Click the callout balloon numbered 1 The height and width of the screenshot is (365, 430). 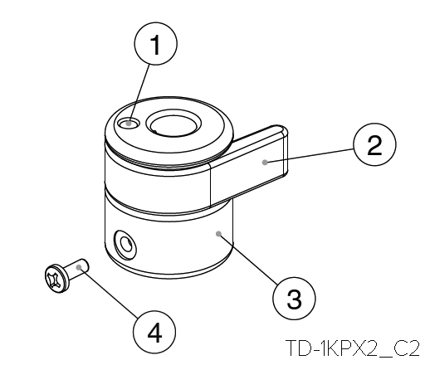coord(155,44)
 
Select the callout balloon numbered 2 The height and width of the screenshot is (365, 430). coord(374,144)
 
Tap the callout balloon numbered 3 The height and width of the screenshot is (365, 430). coord(294,299)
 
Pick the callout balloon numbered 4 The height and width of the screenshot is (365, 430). coord(154,332)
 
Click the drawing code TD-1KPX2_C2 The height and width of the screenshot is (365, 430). coord(353,348)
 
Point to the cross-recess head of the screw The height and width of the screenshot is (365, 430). coord(56,279)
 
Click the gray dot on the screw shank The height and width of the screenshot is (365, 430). coord(79,267)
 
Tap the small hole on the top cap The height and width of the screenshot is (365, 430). coord(129,124)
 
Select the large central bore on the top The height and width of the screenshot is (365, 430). coord(173,123)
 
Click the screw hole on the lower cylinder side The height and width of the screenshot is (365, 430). coord(126,245)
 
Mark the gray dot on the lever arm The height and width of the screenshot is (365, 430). coord(265,163)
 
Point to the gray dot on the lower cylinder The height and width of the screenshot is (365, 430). coord(218,234)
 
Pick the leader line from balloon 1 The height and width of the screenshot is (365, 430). coord(139,94)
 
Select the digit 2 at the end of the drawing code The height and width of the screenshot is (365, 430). coord(413,348)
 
